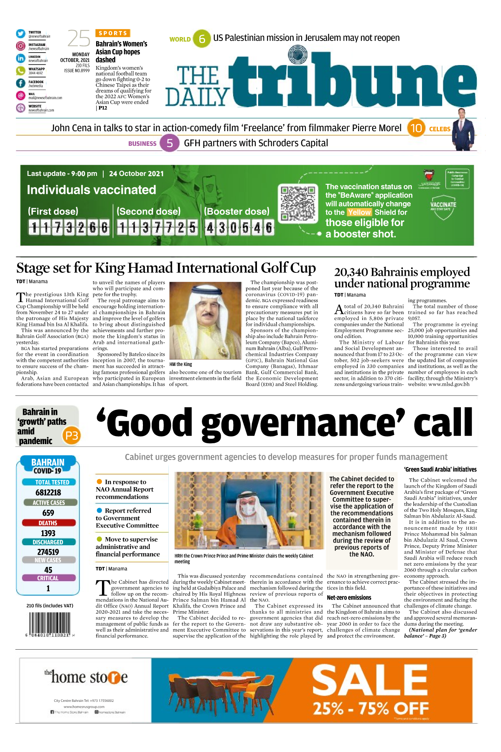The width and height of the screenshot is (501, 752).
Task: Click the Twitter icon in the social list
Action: [20, 34]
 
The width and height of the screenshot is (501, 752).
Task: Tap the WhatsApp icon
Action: [20, 71]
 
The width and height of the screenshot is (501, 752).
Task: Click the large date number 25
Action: [79, 39]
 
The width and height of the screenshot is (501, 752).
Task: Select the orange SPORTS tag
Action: [113, 33]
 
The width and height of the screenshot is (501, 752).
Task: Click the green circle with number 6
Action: [202, 39]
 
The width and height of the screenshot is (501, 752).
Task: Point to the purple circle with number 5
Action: [170, 143]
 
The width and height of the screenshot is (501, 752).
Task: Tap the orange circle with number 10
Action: [416, 128]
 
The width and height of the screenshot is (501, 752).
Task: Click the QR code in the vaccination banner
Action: [298, 204]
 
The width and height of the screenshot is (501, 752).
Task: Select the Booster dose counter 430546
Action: [239, 228]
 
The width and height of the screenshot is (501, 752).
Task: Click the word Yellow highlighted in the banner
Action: [359, 212]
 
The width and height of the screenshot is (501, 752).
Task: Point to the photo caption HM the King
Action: [181, 364]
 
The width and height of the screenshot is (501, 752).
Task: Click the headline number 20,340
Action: [351, 272]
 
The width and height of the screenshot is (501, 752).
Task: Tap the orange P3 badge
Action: [71, 436]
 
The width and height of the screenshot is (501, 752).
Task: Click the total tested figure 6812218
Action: [48, 493]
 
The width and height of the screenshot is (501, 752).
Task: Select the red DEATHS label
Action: [48, 523]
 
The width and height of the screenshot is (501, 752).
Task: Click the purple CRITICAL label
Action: [48, 578]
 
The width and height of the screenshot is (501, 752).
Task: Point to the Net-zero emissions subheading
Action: [349, 598]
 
